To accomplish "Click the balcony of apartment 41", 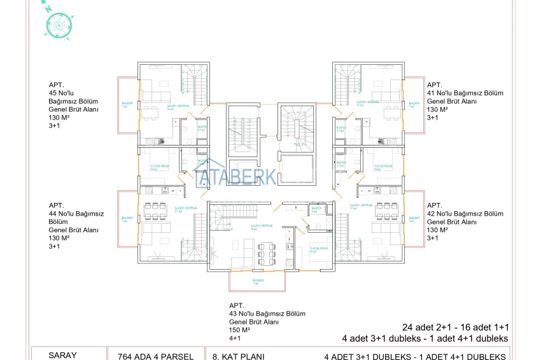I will (414, 105).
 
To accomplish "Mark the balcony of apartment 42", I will (414, 219).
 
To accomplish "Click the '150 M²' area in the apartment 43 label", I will (239, 331).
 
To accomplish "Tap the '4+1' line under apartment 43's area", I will (235, 338).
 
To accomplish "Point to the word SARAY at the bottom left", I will (62, 356).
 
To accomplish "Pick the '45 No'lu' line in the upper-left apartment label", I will (62, 93).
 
